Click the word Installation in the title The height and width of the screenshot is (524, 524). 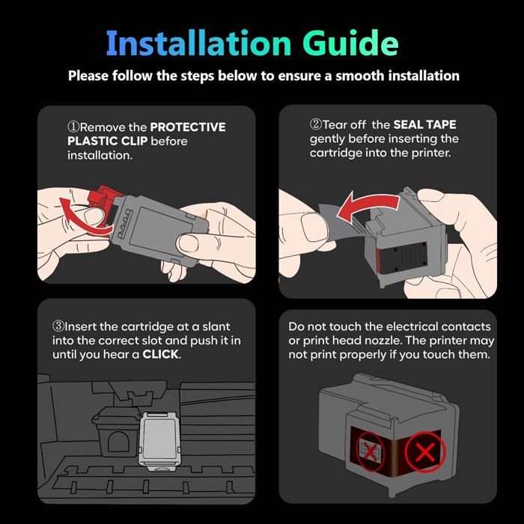coord(198,43)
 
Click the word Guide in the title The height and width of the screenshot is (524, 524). coord(350,43)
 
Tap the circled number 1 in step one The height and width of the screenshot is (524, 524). coord(73,127)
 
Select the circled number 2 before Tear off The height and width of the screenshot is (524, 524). coord(315,124)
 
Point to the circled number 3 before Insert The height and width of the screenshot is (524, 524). coord(58,326)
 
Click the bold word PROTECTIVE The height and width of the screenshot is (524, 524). coord(188,127)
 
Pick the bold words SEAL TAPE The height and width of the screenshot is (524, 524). coord(424,125)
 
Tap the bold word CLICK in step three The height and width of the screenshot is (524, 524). coord(160,354)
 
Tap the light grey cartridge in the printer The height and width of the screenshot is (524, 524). coord(159,442)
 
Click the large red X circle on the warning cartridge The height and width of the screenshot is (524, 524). coord(425,452)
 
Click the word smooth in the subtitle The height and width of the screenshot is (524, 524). coord(360,76)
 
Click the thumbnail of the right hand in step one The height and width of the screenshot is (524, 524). coord(189,243)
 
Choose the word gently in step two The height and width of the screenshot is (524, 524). coord(327,139)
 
